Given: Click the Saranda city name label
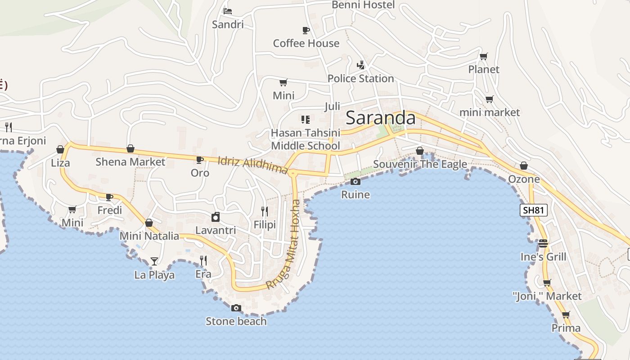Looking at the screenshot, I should (x=380, y=118).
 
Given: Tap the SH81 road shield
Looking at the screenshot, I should (x=533, y=210).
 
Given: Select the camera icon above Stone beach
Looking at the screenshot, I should (x=236, y=308).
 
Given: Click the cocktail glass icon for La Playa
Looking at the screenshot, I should (x=154, y=261).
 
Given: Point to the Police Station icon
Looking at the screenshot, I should (x=360, y=65).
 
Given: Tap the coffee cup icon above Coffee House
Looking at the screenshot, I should (x=306, y=30).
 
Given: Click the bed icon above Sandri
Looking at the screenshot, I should (x=228, y=11).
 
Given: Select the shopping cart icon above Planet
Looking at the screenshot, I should (x=483, y=56).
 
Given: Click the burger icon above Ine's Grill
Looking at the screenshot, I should (x=543, y=243).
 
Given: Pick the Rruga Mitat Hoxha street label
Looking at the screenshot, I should (x=284, y=244).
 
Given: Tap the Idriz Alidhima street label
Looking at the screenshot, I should (x=252, y=165).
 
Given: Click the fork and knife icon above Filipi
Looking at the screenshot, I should (x=265, y=211).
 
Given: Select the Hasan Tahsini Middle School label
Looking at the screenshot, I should (x=305, y=139).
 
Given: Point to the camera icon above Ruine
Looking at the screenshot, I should (x=355, y=181).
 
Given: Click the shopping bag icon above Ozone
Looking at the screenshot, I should (x=523, y=166).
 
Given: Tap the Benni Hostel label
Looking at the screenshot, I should (x=363, y=5).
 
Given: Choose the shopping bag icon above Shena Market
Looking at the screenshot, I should (x=130, y=148).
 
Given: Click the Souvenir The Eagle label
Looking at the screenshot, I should (x=420, y=164).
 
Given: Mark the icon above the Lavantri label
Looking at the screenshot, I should (x=216, y=217).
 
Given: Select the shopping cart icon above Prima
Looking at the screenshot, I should (x=566, y=315).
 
